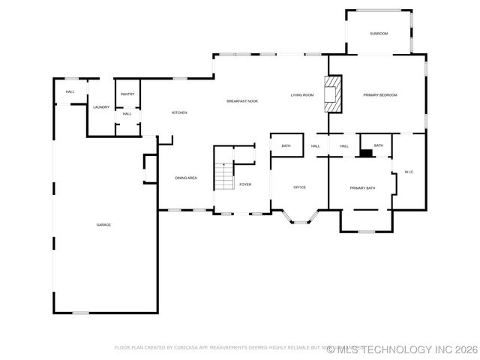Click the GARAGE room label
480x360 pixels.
click(103, 225)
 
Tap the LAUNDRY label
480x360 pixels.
click(101, 107)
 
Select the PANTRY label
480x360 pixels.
click(127, 94)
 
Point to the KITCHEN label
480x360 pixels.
click(179, 113)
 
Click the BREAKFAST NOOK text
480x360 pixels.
click(242, 101)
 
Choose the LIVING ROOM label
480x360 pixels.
click(302, 95)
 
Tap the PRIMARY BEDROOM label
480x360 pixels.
click(379, 95)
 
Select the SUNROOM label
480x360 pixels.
click(379, 34)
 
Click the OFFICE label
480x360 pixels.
click(299, 187)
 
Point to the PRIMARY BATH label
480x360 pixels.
click(362, 188)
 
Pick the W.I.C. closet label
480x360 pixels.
click(409, 172)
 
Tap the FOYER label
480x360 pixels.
click(245, 184)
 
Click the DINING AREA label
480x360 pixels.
click(186, 178)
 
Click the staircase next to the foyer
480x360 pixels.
click(224, 176)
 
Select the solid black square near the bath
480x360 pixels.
click(366, 153)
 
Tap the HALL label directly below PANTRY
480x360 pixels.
click(127, 114)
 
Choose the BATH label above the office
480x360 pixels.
click(286, 145)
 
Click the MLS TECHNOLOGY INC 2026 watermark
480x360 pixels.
click(403, 349)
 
